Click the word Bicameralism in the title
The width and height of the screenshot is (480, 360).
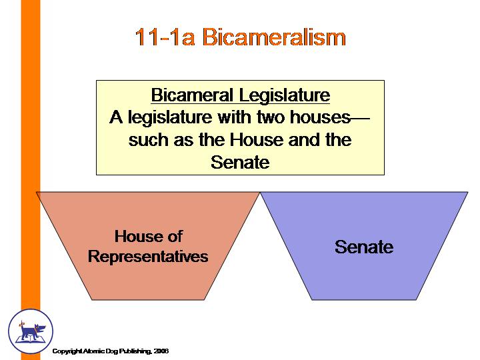tap(274, 37)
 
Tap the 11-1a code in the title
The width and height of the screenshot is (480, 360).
tap(165, 37)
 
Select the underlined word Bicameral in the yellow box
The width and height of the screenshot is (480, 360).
tap(192, 95)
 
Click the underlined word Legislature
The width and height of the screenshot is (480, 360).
tap(285, 95)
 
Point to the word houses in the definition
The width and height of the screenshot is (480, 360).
tap(320, 117)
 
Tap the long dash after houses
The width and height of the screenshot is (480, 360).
tap(360, 117)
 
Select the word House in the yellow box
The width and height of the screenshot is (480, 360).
tap(257, 140)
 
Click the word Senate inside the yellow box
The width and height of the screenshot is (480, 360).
tap(240, 162)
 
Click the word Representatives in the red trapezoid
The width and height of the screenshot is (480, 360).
tap(148, 256)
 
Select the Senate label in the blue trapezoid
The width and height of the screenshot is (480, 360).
tap(364, 247)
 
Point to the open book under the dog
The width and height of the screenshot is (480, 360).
tap(30, 339)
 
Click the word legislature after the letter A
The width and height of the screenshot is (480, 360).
tap(169, 118)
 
